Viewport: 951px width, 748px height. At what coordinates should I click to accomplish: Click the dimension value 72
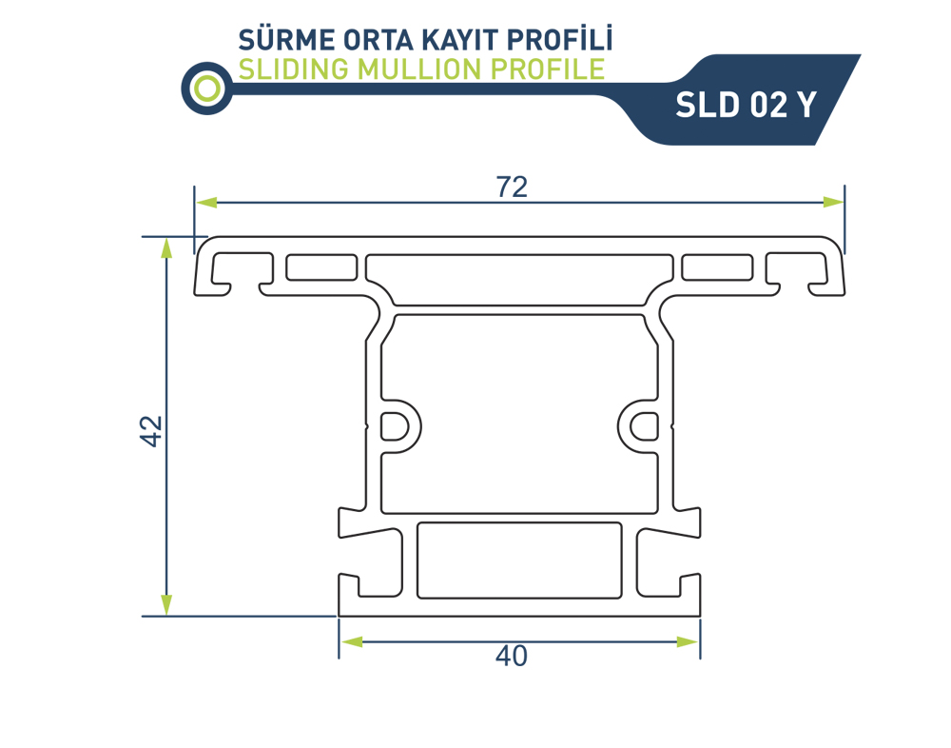(x=512, y=187)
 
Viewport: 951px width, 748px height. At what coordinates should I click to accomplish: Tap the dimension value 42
(x=151, y=431)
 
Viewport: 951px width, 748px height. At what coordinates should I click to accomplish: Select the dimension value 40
(x=512, y=656)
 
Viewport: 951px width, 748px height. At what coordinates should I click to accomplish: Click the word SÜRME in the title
(x=286, y=39)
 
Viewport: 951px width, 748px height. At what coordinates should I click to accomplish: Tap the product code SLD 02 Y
(x=746, y=105)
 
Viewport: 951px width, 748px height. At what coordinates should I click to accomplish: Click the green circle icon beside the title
(x=207, y=89)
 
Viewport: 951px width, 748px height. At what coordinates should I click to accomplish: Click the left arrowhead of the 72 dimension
(x=206, y=202)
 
